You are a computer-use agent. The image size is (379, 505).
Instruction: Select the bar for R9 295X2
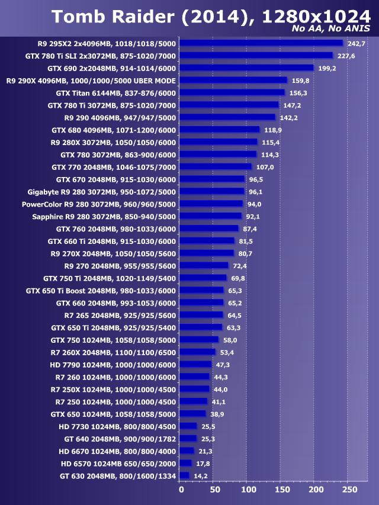261,43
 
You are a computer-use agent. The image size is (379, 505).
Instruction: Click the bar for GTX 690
246,68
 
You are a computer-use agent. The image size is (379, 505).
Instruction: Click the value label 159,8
301,81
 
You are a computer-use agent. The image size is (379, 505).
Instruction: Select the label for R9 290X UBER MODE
91,81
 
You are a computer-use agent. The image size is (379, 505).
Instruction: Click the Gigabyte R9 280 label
102,191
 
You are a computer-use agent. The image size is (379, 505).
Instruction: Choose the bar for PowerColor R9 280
211,204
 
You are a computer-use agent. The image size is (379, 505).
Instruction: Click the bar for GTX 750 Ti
203,278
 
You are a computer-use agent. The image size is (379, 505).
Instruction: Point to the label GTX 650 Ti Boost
101,291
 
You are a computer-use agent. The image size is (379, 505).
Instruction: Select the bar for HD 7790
195,365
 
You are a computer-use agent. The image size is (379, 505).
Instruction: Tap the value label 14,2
200,475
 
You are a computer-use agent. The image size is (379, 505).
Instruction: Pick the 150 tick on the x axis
282,490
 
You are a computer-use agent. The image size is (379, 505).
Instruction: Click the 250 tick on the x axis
350,490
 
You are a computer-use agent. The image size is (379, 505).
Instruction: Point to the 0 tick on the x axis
181,490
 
